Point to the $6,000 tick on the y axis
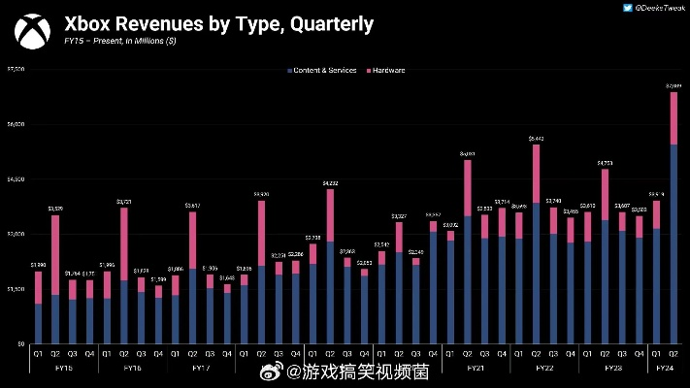pos(16,124)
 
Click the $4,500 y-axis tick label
pos(16,179)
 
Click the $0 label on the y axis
pos(20,343)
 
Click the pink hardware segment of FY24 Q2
pos(674,117)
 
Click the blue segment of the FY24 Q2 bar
pos(674,242)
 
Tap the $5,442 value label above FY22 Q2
pos(536,139)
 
